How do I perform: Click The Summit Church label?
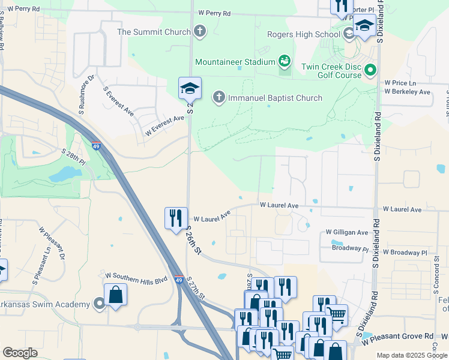click(154, 32)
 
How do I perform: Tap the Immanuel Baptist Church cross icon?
click(219, 97)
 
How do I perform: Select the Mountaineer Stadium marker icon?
click(285, 61)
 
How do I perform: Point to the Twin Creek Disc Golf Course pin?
click(370, 70)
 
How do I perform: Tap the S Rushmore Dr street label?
click(85, 94)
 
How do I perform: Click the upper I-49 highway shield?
click(96, 145)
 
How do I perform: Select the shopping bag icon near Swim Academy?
click(115, 295)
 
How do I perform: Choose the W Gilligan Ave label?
click(346, 232)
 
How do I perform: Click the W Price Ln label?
click(400, 83)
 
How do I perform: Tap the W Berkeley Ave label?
click(408, 92)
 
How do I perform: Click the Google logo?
click(20, 353)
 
